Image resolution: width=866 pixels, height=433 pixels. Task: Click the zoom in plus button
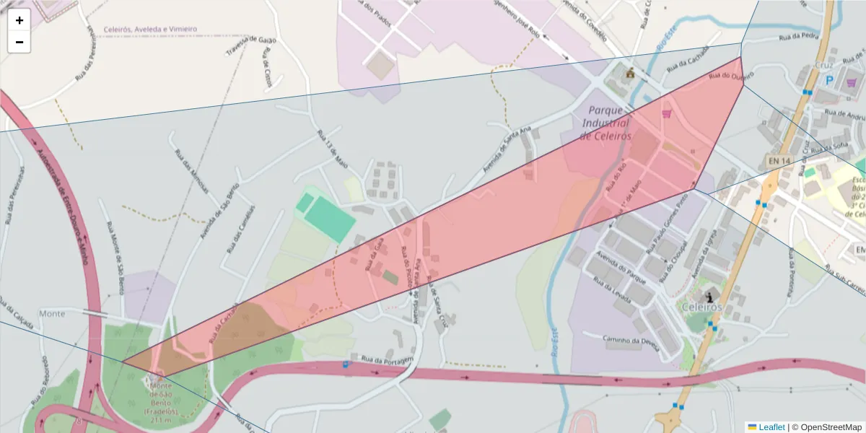click(x=19, y=20)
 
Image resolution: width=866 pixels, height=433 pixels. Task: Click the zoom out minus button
click(x=19, y=42)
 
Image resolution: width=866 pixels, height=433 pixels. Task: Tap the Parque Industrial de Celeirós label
click(x=606, y=123)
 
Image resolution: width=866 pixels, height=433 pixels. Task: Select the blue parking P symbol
click(x=829, y=82)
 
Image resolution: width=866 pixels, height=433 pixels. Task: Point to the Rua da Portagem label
click(x=387, y=359)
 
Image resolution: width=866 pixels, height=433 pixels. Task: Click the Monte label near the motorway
click(x=52, y=314)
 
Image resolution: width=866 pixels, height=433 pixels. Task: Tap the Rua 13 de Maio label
click(x=333, y=149)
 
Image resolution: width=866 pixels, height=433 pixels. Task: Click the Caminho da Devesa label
click(x=631, y=342)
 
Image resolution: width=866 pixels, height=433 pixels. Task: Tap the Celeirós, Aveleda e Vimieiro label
click(x=150, y=30)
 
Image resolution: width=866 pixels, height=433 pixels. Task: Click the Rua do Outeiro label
click(x=731, y=75)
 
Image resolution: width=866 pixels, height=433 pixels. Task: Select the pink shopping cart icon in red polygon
click(x=667, y=113)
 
